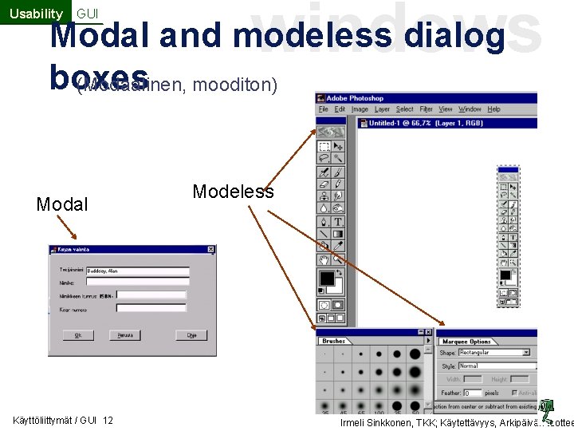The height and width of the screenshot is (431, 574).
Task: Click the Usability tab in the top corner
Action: [x=36, y=13]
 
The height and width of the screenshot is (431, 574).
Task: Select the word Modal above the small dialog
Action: [x=62, y=204]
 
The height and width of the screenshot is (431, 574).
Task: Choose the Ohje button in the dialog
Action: [x=191, y=336]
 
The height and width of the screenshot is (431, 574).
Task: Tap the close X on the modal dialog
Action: [x=210, y=250]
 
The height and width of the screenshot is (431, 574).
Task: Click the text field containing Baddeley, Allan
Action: [x=137, y=271]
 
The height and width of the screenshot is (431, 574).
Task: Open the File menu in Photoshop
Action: [x=324, y=109]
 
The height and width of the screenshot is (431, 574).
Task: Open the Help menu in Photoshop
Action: [x=493, y=109]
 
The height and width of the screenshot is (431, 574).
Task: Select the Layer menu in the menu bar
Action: [x=383, y=109]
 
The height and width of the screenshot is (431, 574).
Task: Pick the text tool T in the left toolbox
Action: [x=339, y=222]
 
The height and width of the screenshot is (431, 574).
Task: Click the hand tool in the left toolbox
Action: [x=324, y=259]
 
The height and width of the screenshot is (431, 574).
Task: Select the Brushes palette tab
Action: [x=334, y=341]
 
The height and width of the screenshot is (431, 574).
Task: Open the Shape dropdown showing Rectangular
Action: [x=494, y=352]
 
